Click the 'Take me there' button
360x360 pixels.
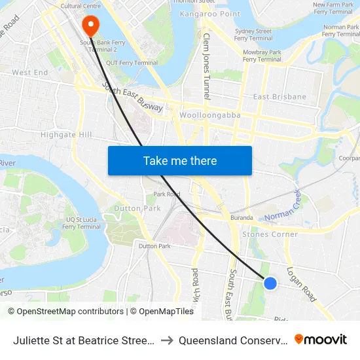[180, 160]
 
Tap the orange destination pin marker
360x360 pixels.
[90, 26]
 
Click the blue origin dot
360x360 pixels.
[270, 283]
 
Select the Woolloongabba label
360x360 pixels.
[209, 115]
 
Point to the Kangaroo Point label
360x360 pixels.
[211, 14]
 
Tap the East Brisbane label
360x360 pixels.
[279, 97]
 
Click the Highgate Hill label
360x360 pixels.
[67, 134]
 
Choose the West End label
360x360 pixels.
[30, 73]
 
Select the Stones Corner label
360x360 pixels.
[270, 234]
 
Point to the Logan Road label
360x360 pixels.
[301, 284]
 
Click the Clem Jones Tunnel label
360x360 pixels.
[207, 65]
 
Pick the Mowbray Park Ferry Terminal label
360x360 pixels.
[262, 55]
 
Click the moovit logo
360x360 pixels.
[321, 340]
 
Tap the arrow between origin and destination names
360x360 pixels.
[166, 340]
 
